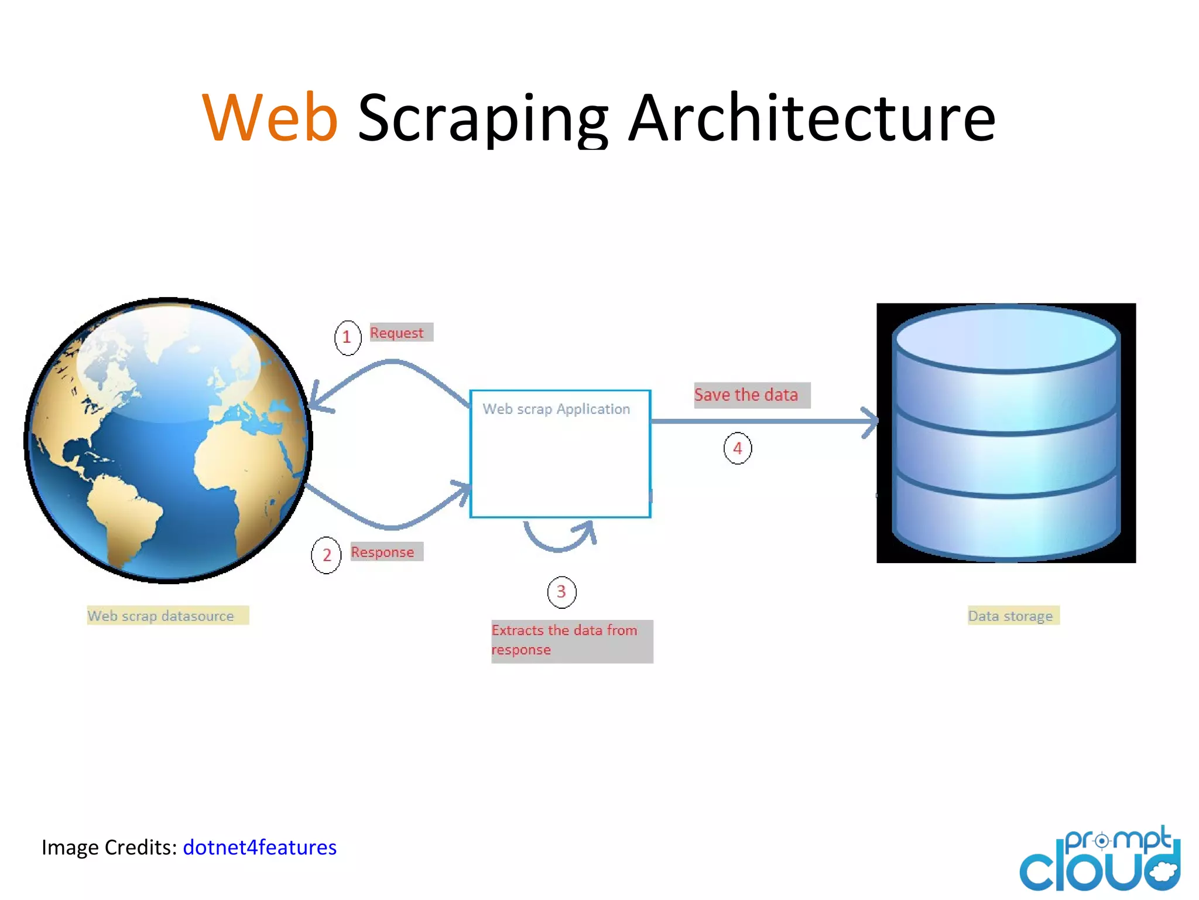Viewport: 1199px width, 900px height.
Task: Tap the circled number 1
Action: tap(347, 337)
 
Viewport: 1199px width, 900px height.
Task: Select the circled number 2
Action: tap(326, 555)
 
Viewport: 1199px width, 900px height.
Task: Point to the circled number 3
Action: tap(561, 592)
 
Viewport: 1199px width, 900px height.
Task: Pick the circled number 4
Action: tap(737, 449)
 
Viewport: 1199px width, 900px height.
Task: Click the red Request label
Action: tap(398, 333)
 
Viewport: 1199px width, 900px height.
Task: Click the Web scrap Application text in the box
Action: tap(556, 409)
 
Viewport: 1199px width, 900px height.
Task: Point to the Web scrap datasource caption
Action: tap(162, 616)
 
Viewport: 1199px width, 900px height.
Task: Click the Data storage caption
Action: tap(1011, 616)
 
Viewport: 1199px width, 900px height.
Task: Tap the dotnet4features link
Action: tap(259, 847)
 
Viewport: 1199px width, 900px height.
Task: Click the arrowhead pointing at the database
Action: tap(871, 421)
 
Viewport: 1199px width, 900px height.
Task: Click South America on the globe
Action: tap(123, 516)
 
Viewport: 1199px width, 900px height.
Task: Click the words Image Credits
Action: tap(109, 847)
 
